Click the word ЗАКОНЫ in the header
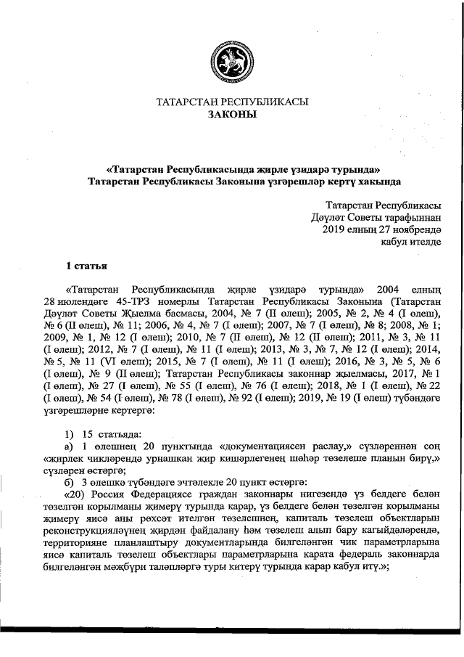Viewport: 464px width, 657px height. [232, 115]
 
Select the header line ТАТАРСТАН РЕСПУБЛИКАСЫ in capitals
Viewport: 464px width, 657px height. [232, 102]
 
